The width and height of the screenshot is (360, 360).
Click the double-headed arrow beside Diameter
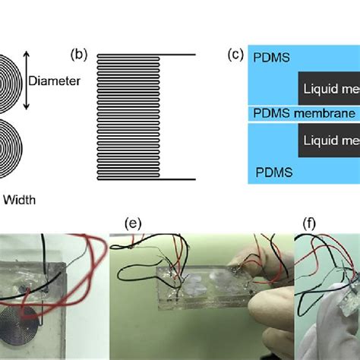click(27, 79)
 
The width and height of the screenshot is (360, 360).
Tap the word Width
click(21, 201)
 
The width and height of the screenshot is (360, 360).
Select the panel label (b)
click(80, 55)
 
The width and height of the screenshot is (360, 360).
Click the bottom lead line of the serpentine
click(178, 179)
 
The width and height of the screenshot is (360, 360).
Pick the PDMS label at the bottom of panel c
click(273, 172)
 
